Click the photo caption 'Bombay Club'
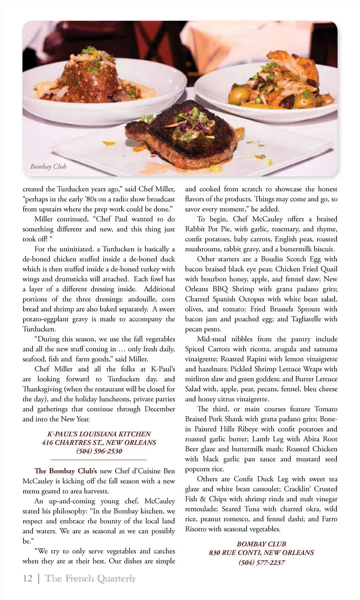pyautogui.click(x=48, y=166)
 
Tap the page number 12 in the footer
pyautogui.click(x=27, y=578)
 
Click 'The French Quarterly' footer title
pyautogui.click(x=90, y=578)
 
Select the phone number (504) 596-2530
pyautogui.click(x=99, y=451)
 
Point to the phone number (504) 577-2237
pyautogui.click(x=262, y=562)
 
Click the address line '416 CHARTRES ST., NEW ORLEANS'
pyautogui.click(x=99, y=442)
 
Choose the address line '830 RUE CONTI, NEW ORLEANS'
pyautogui.click(x=261, y=553)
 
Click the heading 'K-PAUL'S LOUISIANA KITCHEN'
pyautogui.click(x=99, y=434)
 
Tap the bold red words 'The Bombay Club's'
pyautogui.click(x=66, y=471)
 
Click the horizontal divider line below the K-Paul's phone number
pyautogui.click(x=99, y=459)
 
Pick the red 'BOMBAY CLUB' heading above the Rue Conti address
pyautogui.click(x=261, y=544)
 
